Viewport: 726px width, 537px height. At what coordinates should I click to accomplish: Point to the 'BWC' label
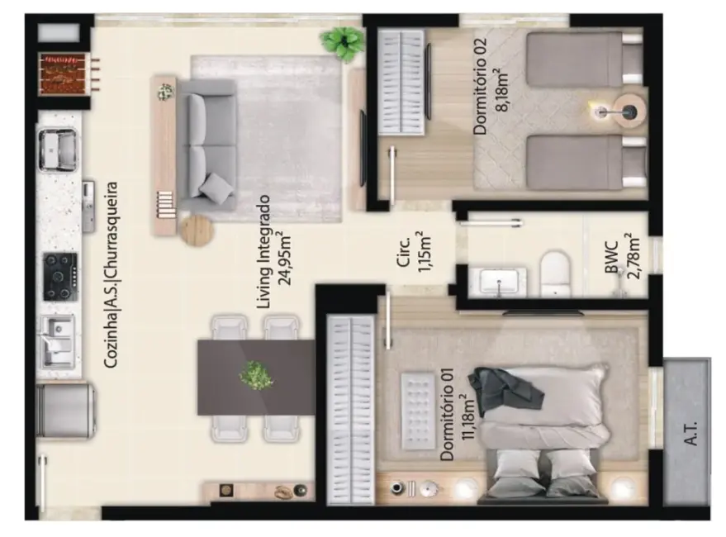pos(612,258)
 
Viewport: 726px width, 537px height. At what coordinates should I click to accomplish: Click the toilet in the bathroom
pos(556,273)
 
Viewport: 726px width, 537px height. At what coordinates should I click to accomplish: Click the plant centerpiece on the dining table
pos(256,376)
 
